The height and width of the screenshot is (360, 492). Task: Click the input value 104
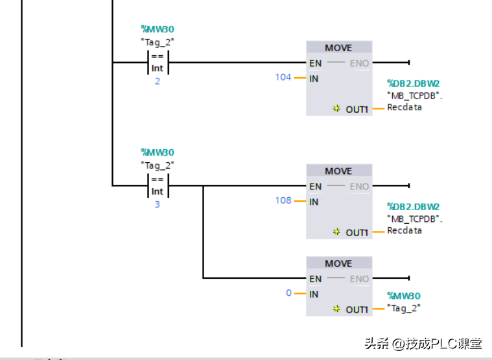(283, 77)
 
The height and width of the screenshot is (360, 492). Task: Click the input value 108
(283, 200)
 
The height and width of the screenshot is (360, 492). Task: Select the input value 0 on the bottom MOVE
(289, 293)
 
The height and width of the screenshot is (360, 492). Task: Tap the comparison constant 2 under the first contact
(157, 82)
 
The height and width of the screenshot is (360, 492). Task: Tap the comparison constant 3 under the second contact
(157, 205)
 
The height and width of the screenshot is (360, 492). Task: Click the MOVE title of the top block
(338, 48)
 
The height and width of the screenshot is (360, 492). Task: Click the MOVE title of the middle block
(338, 171)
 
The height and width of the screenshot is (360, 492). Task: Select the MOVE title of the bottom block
(338, 264)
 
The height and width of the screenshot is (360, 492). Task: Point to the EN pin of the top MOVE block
(316, 63)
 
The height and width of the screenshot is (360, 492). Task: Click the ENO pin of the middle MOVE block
(359, 187)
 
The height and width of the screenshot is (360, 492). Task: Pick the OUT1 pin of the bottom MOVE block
(357, 310)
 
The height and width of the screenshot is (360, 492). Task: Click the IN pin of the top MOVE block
(314, 78)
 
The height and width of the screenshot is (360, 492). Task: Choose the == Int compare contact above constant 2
(158, 62)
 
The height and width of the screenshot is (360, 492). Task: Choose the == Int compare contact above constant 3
(158, 186)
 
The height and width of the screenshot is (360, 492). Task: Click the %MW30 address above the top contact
(158, 29)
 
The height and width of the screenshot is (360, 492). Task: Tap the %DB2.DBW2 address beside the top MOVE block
(413, 84)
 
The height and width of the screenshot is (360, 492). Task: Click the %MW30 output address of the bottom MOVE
(404, 296)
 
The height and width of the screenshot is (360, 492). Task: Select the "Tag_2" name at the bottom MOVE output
(404, 308)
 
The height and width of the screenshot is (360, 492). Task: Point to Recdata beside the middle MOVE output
(404, 230)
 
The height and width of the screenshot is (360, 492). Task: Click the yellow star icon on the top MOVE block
(336, 109)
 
